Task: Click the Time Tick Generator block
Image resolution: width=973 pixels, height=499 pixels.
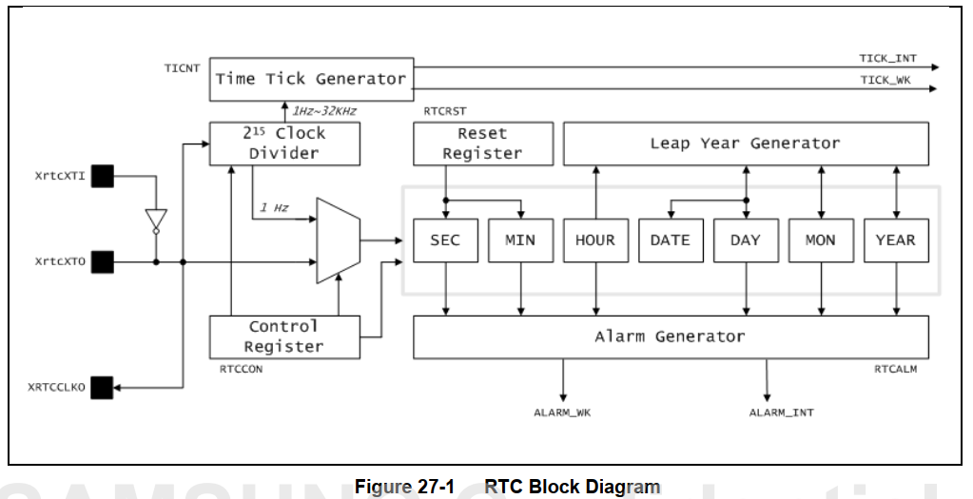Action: pyautogui.click(x=310, y=79)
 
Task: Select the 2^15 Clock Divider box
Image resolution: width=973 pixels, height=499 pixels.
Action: pyautogui.click(x=284, y=144)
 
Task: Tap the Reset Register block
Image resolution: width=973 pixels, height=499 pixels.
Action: pyautogui.click(x=482, y=144)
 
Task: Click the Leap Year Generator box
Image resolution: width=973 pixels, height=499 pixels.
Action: pyautogui.click(x=746, y=144)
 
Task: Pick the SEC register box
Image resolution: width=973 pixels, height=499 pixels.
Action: pyautogui.click(x=444, y=240)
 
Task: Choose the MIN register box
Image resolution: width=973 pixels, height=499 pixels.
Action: pyautogui.click(x=519, y=240)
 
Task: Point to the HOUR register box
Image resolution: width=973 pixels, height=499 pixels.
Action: pyautogui.click(x=595, y=240)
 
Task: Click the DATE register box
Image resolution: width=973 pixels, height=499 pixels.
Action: pyautogui.click(x=670, y=240)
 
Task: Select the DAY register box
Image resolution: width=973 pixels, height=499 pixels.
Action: pyautogui.click(x=745, y=240)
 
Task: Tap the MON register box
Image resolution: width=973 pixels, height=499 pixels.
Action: pyautogui.click(x=820, y=240)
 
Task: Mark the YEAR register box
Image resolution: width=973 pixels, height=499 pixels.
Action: pyautogui.click(x=895, y=240)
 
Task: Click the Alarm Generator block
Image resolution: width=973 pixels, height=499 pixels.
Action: pyautogui.click(x=670, y=336)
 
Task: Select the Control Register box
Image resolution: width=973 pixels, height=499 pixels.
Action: pyautogui.click(x=284, y=336)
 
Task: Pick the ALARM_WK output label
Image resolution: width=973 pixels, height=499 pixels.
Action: pyautogui.click(x=563, y=412)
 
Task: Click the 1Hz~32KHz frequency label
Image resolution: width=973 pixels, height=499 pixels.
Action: pyautogui.click(x=324, y=111)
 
